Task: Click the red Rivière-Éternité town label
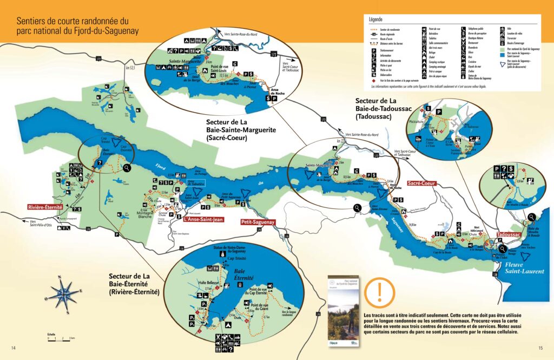point(45,207)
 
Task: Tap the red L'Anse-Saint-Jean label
point(203,219)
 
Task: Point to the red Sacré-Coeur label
point(422,184)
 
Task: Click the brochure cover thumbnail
point(342,311)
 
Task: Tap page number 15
point(540,348)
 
